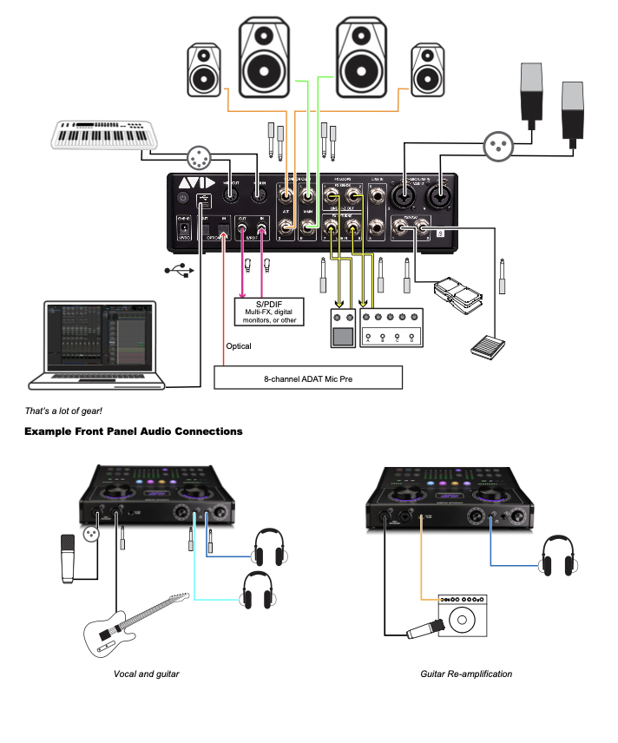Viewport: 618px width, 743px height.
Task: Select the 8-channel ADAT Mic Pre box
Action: pos(308,378)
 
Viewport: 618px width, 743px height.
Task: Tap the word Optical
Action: pos(238,346)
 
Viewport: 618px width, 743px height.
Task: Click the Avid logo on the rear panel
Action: pos(193,185)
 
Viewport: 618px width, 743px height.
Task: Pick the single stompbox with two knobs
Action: pos(344,326)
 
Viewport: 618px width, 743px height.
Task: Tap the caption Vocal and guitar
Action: pos(146,674)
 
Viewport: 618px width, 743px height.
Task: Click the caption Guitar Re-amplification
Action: pos(466,674)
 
